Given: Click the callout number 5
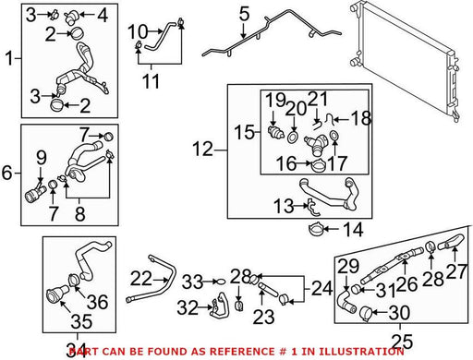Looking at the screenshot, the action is (244, 14).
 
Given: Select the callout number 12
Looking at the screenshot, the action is (202, 150).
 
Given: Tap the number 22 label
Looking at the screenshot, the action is (141, 279).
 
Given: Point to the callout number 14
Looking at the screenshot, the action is (353, 230).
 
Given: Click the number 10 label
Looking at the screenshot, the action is (138, 31).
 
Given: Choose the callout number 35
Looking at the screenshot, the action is (81, 321).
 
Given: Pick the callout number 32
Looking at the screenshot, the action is (188, 307).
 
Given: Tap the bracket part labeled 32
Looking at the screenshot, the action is (220, 306).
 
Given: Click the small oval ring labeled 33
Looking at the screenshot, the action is (221, 282).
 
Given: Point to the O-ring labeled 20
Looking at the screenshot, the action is (293, 138).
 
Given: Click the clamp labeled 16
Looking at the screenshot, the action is (319, 165).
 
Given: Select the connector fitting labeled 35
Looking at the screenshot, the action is (58, 294).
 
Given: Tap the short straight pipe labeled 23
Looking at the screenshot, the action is (267, 289).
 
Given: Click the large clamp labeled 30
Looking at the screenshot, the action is (366, 313).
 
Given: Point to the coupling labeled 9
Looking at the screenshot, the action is (34, 194).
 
